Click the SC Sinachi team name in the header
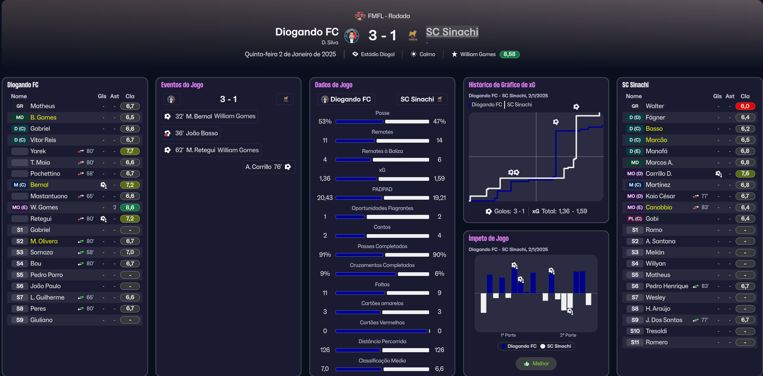(452, 32)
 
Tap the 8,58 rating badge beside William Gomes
(509, 54)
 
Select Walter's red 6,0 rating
(745, 106)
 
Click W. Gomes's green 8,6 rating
(130, 207)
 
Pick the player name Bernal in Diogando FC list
(39, 185)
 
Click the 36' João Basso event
(192, 133)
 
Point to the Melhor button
(536, 364)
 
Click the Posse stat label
(382, 113)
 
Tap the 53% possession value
(325, 121)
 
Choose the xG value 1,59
(439, 178)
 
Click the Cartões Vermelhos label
(382, 323)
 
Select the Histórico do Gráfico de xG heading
(502, 85)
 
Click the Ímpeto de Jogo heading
(489, 238)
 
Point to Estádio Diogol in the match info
(377, 54)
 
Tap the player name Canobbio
(659, 207)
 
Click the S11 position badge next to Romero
(635, 342)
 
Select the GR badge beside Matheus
(20, 106)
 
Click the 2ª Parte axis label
(568, 335)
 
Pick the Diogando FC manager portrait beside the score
(352, 36)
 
